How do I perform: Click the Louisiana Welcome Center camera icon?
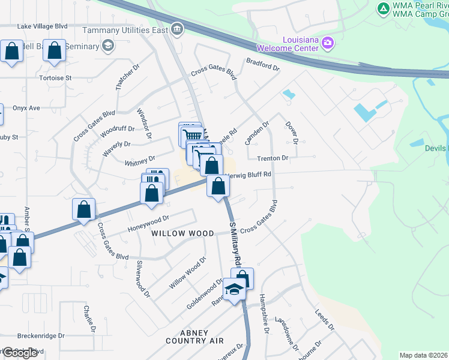(x=328, y=42)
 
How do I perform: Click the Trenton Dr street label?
(x=273, y=158)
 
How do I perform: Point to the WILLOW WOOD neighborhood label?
(x=182, y=233)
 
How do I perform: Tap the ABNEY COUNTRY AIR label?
(x=194, y=337)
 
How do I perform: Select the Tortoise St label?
(x=55, y=78)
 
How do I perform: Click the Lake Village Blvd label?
(x=42, y=26)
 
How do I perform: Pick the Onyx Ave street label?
(x=26, y=108)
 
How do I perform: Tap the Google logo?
(x=20, y=353)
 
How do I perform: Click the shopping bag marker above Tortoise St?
(x=54, y=52)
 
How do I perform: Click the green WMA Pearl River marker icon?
(x=383, y=8)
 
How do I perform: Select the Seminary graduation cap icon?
(x=107, y=46)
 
